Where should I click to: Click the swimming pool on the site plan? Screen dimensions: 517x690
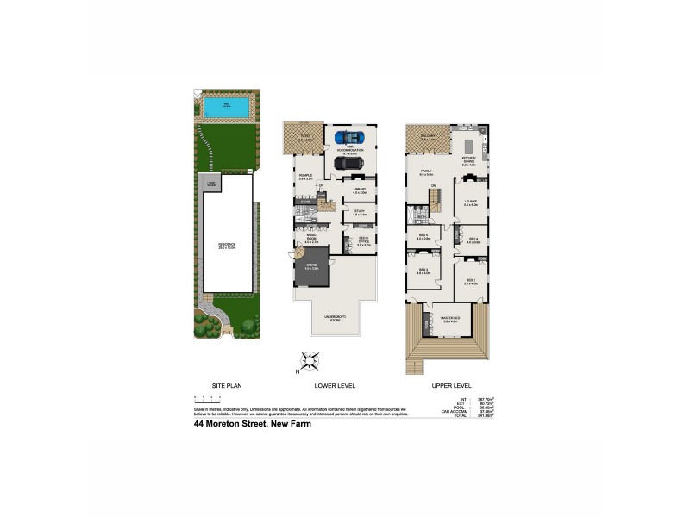tap(227, 107)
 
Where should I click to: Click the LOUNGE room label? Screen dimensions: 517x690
tap(471, 203)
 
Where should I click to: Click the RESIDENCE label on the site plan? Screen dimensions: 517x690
tap(227, 246)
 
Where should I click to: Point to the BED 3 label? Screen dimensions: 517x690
tap(423, 271)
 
